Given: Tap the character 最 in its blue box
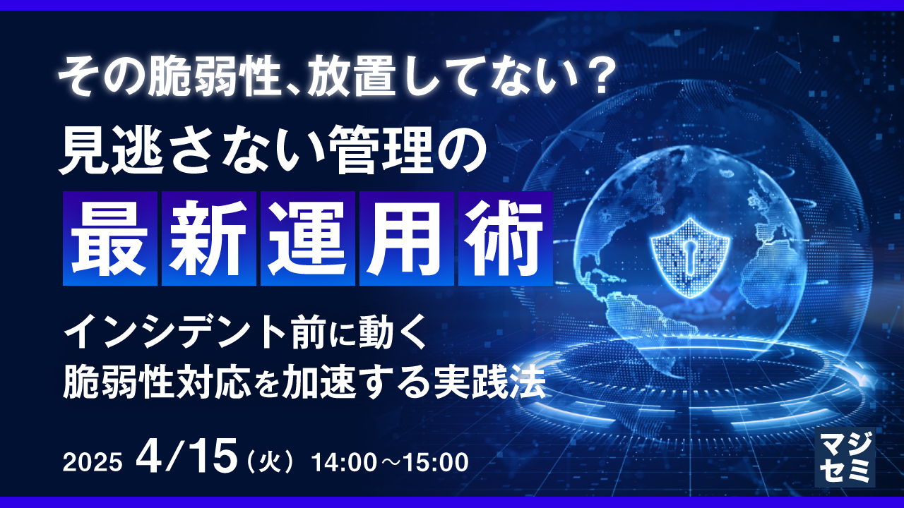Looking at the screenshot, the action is [109, 238].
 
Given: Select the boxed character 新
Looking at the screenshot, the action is [208, 238].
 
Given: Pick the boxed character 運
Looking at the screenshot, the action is [307, 238].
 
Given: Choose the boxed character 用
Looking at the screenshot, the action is [406, 238].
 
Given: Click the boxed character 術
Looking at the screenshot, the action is [505, 238].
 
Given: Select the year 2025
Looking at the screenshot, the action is [92, 462].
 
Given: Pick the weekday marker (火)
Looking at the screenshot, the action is [269, 463].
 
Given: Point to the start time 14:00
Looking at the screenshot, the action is [344, 462].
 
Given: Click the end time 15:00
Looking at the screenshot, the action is [436, 462].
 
